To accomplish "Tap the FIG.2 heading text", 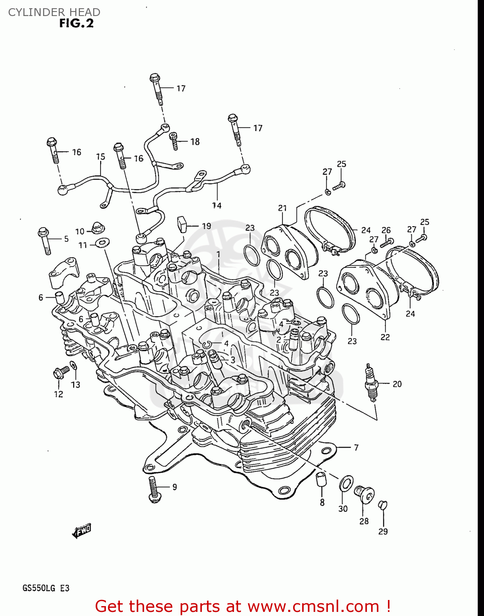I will (x=76, y=23).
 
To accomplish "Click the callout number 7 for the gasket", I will (x=356, y=447).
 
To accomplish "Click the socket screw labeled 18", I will (x=174, y=141).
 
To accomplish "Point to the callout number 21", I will (x=282, y=208).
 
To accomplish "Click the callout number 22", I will (x=385, y=337).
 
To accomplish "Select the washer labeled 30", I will (x=346, y=483).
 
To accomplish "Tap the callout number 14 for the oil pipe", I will (x=217, y=205).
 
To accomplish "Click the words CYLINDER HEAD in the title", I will (x=54, y=12).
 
